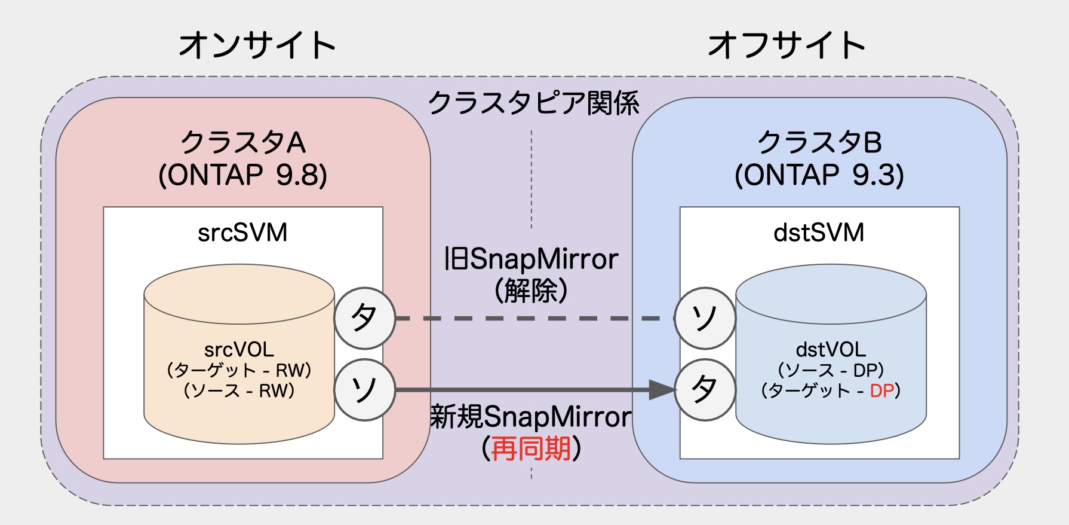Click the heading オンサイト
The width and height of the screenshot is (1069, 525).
257,45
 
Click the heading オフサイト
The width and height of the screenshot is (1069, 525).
786,45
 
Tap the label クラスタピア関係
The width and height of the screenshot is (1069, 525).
533,103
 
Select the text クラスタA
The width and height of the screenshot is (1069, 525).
243,142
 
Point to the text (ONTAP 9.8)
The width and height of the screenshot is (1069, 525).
243,175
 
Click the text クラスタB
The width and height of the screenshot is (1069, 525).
819,142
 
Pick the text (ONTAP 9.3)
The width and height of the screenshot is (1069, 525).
819,175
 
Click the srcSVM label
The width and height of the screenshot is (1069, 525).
242,233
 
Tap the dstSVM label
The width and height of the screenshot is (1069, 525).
819,233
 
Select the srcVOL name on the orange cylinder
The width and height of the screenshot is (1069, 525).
239,349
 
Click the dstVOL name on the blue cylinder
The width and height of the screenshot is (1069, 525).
831,349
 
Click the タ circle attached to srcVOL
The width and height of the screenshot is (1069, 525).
364,318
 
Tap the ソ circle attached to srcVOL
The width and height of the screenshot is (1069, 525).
364,390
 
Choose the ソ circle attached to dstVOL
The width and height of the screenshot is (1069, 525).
705,318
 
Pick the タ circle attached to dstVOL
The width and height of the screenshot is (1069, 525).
705,390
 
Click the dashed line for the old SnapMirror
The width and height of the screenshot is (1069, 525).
532,318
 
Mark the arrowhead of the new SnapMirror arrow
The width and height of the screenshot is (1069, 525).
662,390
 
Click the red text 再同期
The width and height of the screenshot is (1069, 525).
531,448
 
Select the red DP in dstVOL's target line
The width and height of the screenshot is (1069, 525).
881,391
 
